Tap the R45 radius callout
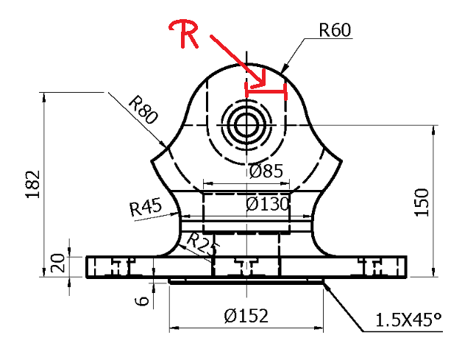click(146, 208)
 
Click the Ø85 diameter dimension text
click(266, 172)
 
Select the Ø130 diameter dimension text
click(266, 202)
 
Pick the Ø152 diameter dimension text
click(246, 317)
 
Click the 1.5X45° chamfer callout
click(408, 321)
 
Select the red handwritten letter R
click(182, 35)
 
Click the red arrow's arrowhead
click(262, 82)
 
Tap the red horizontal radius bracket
click(265, 91)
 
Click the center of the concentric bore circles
click(245, 125)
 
